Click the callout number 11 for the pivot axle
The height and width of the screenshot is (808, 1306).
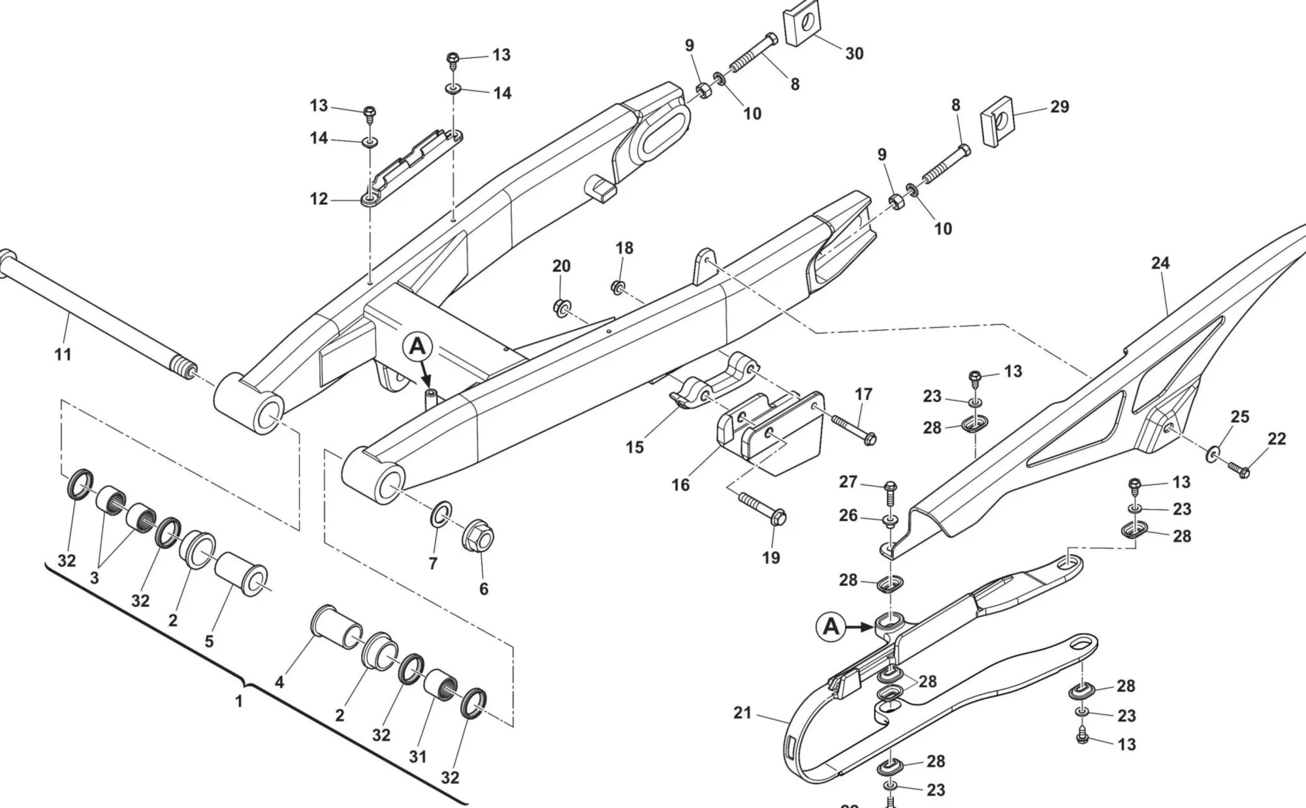click(x=63, y=354)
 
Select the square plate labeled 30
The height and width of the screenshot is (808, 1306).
click(x=801, y=27)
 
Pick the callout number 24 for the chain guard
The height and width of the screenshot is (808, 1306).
click(x=1160, y=263)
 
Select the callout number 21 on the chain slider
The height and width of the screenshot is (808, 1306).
click(x=742, y=713)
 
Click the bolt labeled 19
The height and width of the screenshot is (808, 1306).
click(x=762, y=509)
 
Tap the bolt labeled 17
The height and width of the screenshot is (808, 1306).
click(x=847, y=430)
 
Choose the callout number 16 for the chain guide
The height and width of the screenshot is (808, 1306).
click(x=680, y=485)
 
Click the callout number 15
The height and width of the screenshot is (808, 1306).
click(x=634, y=447)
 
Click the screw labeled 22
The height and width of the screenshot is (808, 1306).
click(x=1237, y=469)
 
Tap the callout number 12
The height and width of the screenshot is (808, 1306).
click(x=318, y=198)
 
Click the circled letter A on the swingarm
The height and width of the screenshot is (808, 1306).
click(x=417, y=347)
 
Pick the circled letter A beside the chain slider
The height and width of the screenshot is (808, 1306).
click(x=831, y=627)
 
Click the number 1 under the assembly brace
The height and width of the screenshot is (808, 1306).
click(x=239, y=702)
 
